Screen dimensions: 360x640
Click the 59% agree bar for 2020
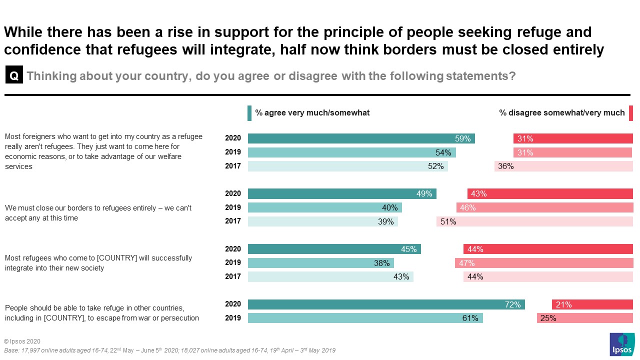pyautogui.click(x=361, y=138)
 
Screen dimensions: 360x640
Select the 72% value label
pyautogui.click(x=512, y=304)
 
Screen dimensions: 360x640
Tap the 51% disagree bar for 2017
pyautogui.click(x=534, y=221)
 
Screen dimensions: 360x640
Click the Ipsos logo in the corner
pyautogui.click(x=622, y=345)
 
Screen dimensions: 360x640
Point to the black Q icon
pyautogui.click(x=14, y=76)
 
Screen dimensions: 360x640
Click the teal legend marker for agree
pyautogui.click(x=249, y=113)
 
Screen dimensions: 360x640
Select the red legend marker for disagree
pyautogui.click(x=631, y=113)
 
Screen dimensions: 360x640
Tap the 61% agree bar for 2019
pyautogui.click(x=365, y=318)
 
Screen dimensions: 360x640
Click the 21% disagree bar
pyautogui.click(x=592, y=304)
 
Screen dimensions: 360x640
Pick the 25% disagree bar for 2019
pyautogui.click(x=585, y=318)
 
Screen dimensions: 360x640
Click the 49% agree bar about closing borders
pyautogui.click(x=342, y=194)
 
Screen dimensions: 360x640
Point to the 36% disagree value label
pyautogui.click(x=505, y=166)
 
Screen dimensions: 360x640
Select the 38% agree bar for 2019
pyautogui.click(x=320, y=263)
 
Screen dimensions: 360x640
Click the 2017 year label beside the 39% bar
pyautogui.click(x=233, y=221)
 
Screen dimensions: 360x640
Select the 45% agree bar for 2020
pyautogui.click(x=334, y=249)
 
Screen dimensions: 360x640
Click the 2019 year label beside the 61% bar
pyautogui.click(x=233, y=318)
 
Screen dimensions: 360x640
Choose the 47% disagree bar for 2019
pyautogui.click(x=544, y=263)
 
